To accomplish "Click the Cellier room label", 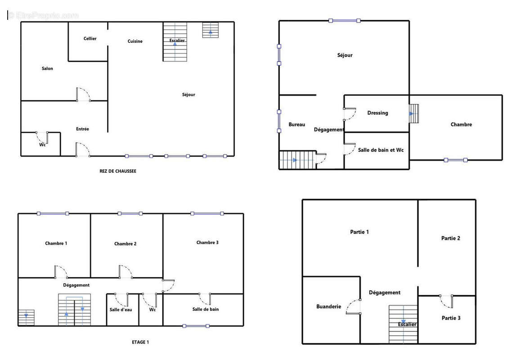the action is [90, 39].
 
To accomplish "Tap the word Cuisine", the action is [135, 41].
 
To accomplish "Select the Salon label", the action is [47, 68].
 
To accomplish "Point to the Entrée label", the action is [82, 129].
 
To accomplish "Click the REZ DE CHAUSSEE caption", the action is [118, 171].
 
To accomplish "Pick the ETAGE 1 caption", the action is [140, 342].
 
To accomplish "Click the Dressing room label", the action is [378, 113].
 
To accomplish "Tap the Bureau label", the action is [297, 125].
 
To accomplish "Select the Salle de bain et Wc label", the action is [381, 150].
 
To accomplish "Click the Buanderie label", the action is [329, 306].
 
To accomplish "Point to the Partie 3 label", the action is [451, 318].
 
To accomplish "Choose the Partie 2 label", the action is [451, 238].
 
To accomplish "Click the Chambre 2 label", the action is [125, 244].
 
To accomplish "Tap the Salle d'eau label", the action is [121, 310].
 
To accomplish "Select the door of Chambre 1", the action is [61, 272].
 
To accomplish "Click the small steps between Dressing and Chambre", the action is [414, 114].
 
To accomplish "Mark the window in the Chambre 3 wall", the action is [207, 214].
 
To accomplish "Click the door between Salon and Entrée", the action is [83, 94].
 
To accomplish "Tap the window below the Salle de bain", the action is [196, 326].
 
